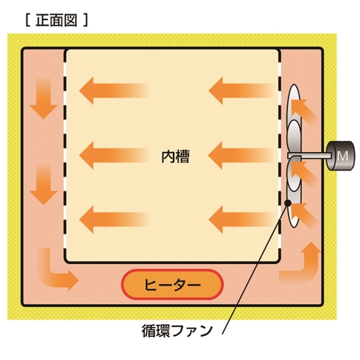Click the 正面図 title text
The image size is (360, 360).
[56, 21]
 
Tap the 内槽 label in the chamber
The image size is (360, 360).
[175, 157]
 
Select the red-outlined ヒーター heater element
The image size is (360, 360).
[172, 285]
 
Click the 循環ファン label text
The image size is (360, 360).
[177, 331]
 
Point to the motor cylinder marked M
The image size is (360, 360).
[341, 156]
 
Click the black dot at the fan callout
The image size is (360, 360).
[288, 203]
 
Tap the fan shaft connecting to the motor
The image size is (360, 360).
[310, 155]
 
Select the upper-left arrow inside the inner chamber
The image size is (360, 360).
[114, 90]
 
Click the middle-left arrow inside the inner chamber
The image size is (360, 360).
[114, 155]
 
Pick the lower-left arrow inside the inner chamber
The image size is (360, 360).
[114, 219]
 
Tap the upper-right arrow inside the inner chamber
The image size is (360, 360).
[242, 90]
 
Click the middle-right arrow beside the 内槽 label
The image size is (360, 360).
[242, 155]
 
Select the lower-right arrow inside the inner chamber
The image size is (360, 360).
[242, 219]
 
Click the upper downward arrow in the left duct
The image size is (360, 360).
[43, 98]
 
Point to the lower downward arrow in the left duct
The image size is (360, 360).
[43, 184]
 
